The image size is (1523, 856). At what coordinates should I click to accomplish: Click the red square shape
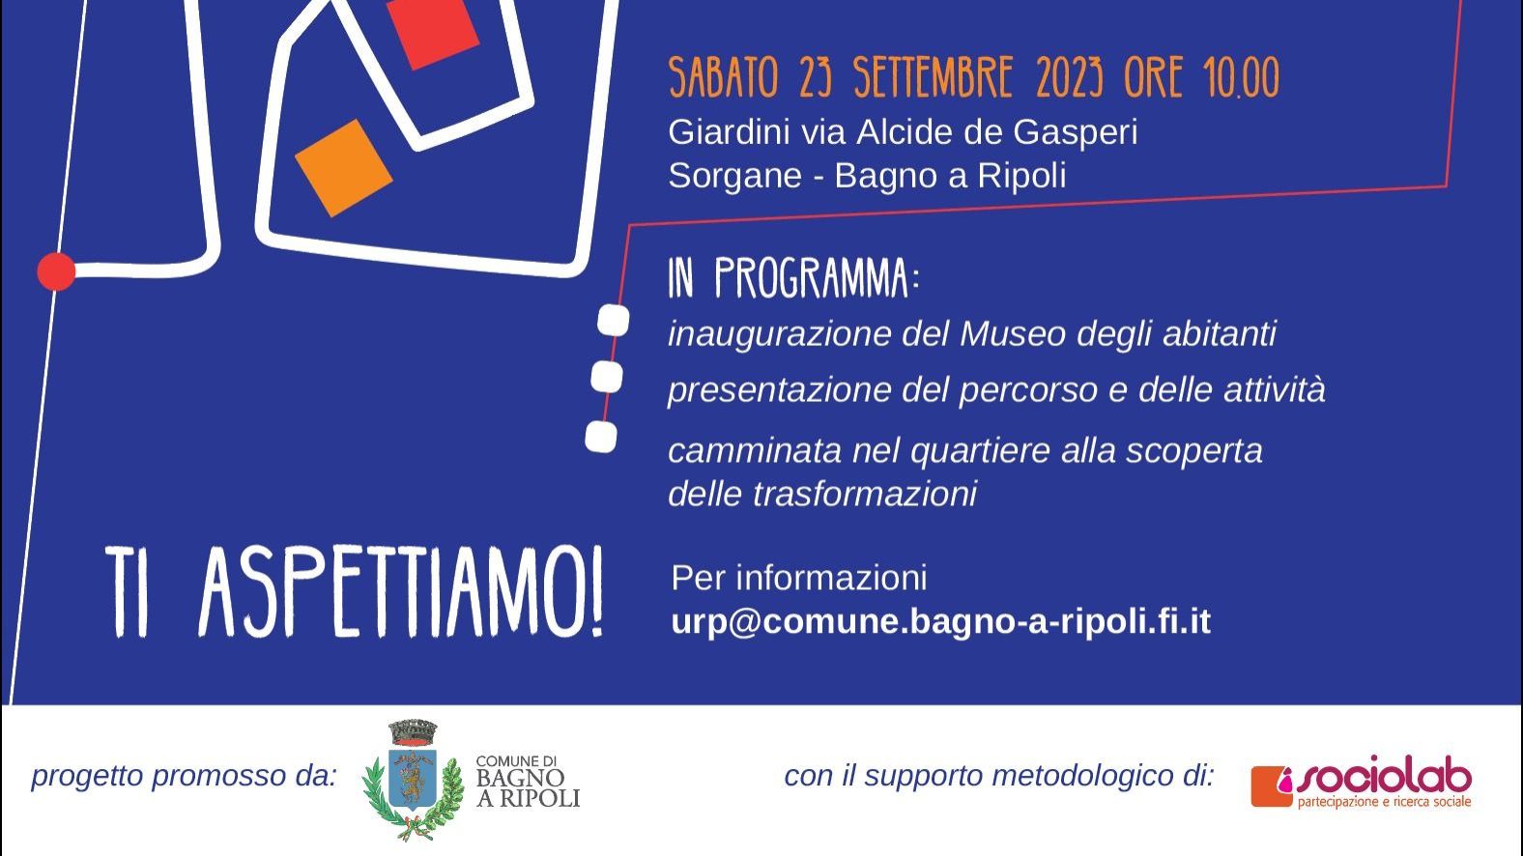[432, 31]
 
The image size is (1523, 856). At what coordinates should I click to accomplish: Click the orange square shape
[343, 168]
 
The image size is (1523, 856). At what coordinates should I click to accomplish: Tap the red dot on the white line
[56, 271]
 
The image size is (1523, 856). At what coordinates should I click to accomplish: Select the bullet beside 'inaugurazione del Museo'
[614, 320]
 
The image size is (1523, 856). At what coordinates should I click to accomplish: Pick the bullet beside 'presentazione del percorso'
[607, 377]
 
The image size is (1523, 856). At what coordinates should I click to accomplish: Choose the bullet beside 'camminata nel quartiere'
[601, 437]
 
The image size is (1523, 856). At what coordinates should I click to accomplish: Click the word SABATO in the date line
[724, 77]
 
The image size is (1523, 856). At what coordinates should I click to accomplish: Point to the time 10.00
[1242, 77]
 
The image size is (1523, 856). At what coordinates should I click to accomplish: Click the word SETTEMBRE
[934, 77]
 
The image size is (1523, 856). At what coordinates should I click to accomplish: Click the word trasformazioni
[865, 494]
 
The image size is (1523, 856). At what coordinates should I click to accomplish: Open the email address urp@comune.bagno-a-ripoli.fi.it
[941, 622]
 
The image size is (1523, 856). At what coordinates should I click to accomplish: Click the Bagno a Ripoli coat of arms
[413, 781]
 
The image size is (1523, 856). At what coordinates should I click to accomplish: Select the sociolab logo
[1362, 782]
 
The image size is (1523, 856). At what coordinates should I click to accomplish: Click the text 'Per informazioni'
[799, 578]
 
